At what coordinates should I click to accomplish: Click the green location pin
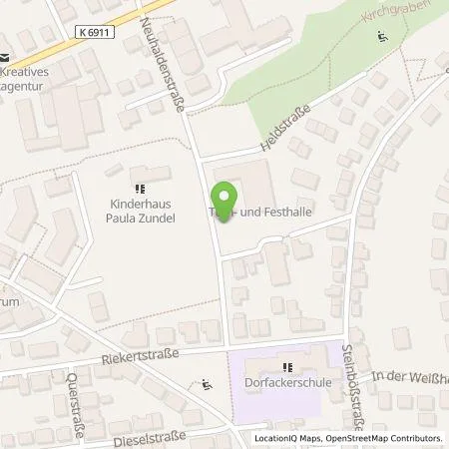[x=226, y=203]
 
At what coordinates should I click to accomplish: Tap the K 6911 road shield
[x=93, y=33]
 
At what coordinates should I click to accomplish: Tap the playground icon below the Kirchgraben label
[x=382, y=39]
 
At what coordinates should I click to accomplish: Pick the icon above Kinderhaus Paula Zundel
[x=139, y=188]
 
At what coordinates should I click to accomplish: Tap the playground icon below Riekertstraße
[x=206, y=383]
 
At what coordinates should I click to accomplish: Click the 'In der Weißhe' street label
[x=409, y=374]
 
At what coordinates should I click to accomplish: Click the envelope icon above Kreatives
[x=5, y=58]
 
